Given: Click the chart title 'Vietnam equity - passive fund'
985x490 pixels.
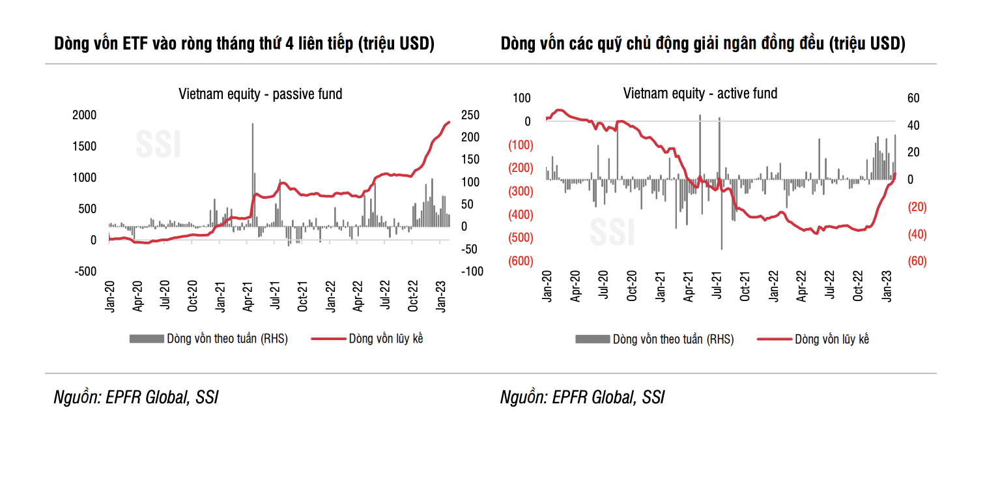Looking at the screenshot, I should pyautogui.click(x=261, y=94).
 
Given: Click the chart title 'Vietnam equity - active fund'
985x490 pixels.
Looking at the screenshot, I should pyautogui.click(x=700, y=94).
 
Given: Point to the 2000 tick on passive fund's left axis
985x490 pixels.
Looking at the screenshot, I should pyautogui.click(x=84, y=115).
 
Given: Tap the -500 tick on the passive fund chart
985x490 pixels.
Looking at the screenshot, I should pyautogui.click(x=83, y=272).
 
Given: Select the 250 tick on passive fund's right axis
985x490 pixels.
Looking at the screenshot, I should pyautogui.click(x=470, y=115).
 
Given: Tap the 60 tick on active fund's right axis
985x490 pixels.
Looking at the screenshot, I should pyautogui.click(x=913, y=98).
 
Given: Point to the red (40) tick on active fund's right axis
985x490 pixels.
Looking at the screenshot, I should pyautogui.click(x=913, y=234).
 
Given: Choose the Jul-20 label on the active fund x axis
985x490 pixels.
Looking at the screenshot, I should pyautogui.click(x=603, y=287).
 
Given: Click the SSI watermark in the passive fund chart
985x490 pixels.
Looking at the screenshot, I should pyautogui.click(x=158, y=145).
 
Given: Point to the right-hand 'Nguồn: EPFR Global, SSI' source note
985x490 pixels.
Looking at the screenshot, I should pyautogui.click(x=582, y=397).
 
